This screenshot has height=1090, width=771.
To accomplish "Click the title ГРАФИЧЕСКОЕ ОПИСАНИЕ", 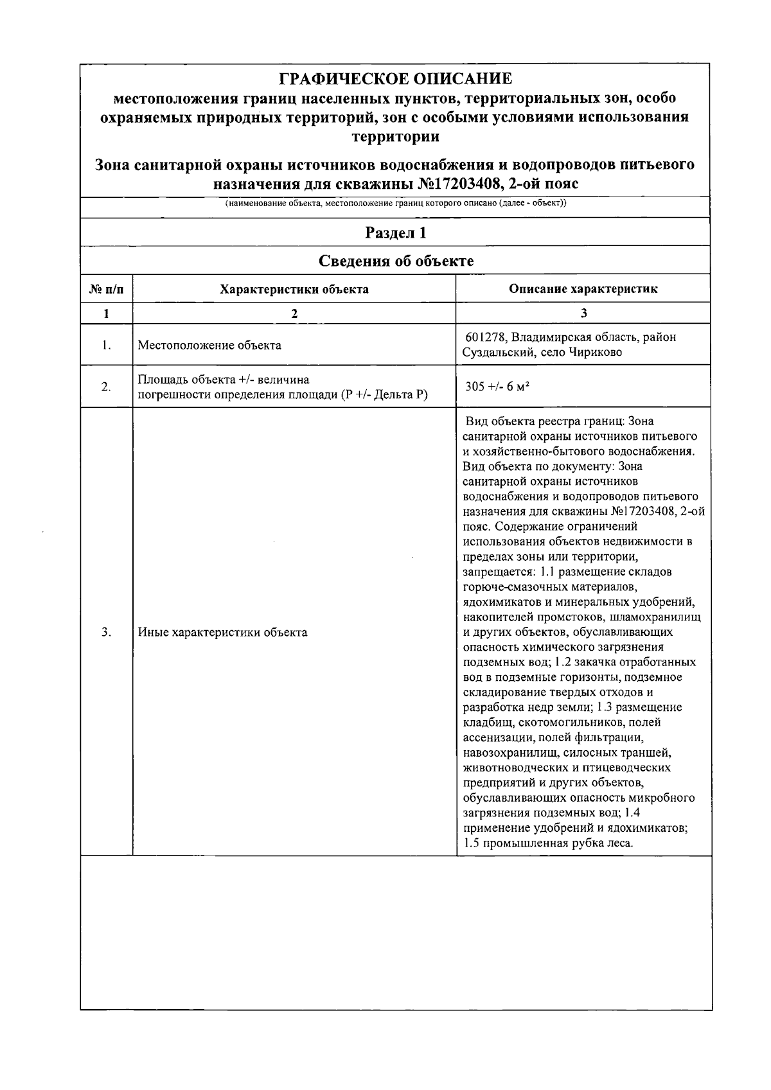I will click(x=396, y=79).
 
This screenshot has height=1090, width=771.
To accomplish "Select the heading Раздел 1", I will click(x=395, y=233).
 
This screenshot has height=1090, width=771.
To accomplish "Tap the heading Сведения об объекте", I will click(x=396, y=261).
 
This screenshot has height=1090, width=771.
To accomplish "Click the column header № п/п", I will click(x=106, y=289).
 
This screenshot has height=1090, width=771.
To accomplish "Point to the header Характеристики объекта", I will click(x=294, y=289).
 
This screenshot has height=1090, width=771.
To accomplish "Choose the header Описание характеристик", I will click(x=583, y=289).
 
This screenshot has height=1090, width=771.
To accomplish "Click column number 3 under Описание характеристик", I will click(x=583, y=313).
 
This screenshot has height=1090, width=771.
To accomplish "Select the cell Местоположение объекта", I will click(x=209, y=346).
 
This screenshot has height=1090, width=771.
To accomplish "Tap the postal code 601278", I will click(x=483, y=337).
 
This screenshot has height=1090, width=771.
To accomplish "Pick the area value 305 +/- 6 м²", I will click(x=497, y=387).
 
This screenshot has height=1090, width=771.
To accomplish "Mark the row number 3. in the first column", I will click(x=106, y=632).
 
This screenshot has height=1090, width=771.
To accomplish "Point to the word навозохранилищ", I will click(x=506, y=752).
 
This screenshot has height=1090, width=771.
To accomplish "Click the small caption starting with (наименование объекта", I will click(x=396, y=204).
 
